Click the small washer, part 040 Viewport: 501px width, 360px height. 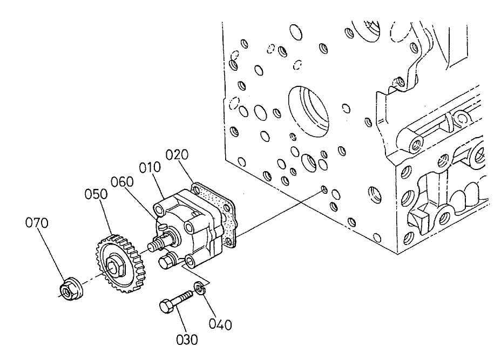[x=200, y=289]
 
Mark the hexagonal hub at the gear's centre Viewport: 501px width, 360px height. [x=115, y=265]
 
